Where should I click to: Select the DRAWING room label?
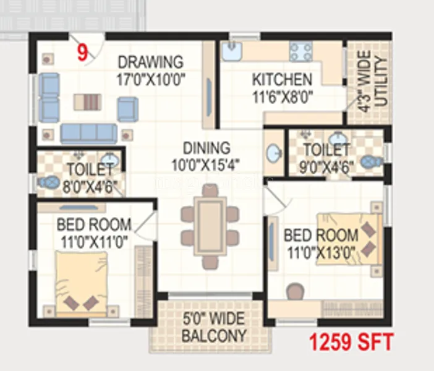pos(151,63)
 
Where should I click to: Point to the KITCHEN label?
pos(281,80)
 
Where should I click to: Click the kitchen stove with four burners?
pos(301,52)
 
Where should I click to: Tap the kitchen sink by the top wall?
pos(232,52)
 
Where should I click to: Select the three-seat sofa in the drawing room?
pos(88,132)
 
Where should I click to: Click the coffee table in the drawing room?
pos(87,101)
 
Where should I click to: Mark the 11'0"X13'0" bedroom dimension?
pos(321,252)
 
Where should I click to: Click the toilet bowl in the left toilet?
pos(47,183)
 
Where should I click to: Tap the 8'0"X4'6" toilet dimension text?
pos(90,186)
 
